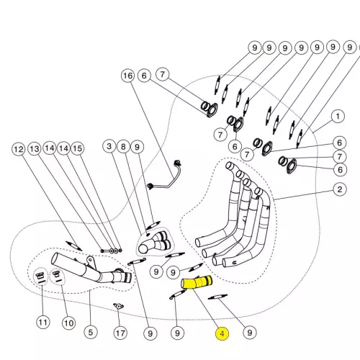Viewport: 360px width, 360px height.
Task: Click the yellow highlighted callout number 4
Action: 222,333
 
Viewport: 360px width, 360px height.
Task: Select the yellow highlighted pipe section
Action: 197,282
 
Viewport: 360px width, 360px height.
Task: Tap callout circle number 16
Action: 127,76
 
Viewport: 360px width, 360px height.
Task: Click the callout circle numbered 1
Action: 338,117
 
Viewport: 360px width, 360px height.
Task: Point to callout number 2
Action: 340,189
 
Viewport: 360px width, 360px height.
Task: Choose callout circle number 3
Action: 109,146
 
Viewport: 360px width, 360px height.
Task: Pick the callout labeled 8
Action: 123,147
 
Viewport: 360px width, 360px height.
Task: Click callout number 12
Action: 19,149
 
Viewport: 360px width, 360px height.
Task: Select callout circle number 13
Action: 35,149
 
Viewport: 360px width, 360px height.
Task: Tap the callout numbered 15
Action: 77,148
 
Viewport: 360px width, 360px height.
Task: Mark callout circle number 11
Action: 43,322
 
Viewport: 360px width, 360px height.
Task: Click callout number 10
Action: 68,323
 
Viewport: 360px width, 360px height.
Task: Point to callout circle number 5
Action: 91,333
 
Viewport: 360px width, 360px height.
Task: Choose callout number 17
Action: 120,333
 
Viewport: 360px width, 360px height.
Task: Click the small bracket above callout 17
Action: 118,306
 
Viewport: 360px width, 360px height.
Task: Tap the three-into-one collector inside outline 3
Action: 155,243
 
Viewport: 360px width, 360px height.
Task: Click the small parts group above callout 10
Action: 57,276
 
